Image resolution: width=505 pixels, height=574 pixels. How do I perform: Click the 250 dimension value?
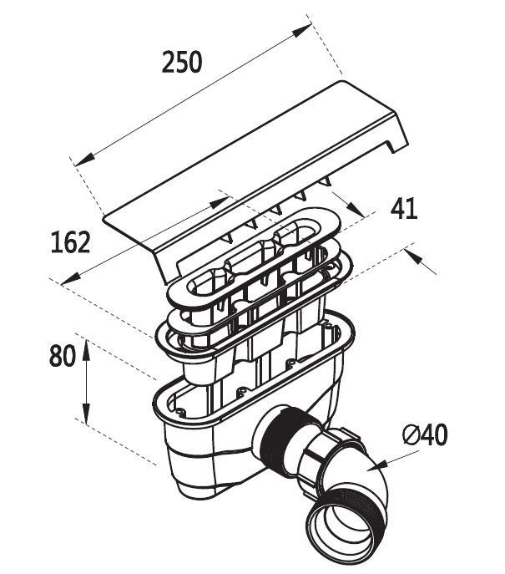tap(181, 63)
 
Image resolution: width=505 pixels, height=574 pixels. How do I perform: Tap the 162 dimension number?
tap(70, 243)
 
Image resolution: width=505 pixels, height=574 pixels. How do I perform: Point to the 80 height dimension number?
tap(63, 357)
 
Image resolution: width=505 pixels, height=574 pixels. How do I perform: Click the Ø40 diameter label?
tap(424, 434)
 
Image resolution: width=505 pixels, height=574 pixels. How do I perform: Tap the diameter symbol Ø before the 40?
tap(409, 434)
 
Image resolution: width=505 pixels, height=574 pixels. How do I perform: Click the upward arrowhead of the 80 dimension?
tap(85, 347)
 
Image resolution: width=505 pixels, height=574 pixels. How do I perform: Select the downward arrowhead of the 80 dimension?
tap(85, 415)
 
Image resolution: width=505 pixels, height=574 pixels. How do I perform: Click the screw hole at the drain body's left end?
tap(179, 410)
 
